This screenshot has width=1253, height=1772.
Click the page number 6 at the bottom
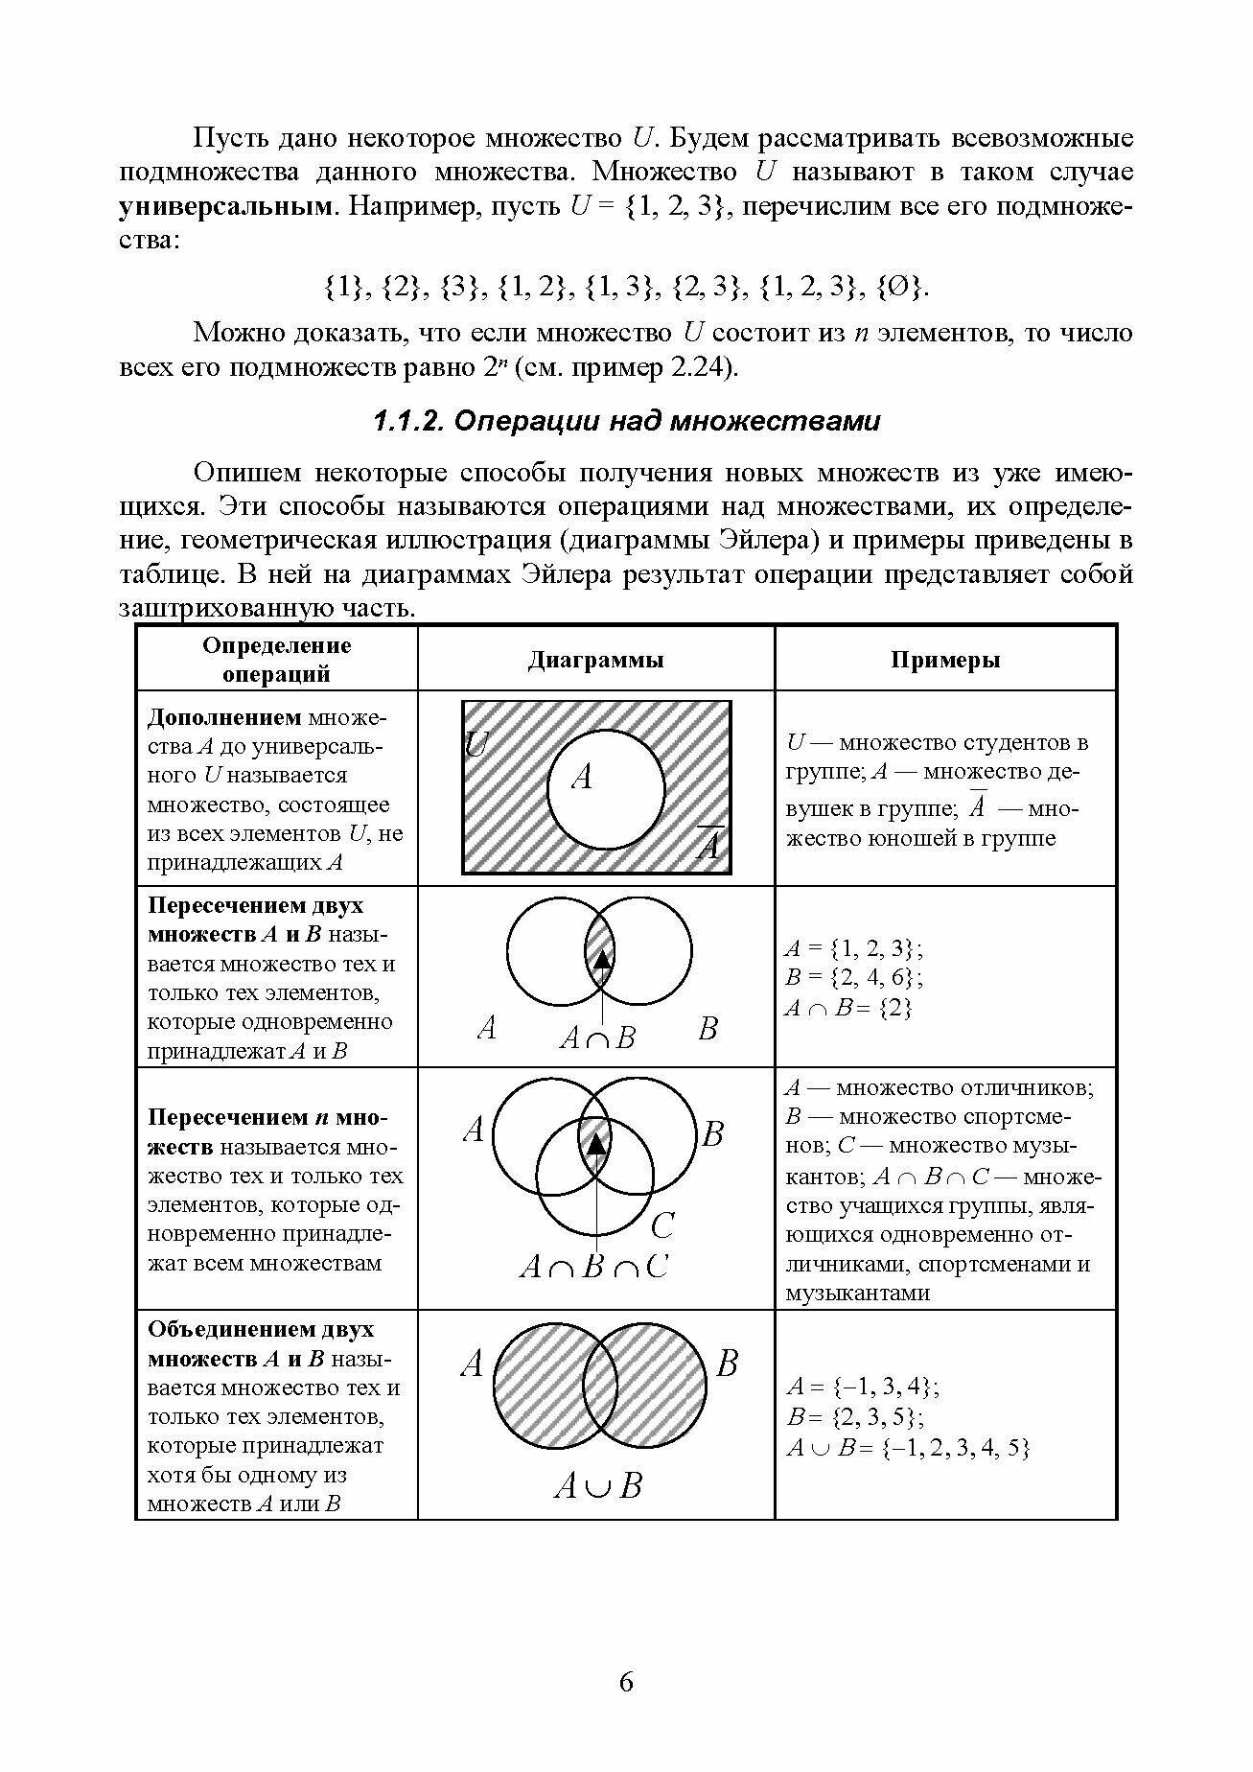[x=626, y=1682]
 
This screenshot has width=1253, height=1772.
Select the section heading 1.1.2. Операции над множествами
[x=625, y=421]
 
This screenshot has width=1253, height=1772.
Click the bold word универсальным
[x=227, y=206]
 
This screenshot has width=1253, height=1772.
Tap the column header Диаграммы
[x=595, y=660]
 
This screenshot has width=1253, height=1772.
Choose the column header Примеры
[x=945, y=660]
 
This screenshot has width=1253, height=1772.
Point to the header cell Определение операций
[x=276, y=659]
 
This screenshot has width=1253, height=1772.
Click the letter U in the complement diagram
[x=476, y=743]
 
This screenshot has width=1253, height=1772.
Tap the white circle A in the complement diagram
[x=606, y=791]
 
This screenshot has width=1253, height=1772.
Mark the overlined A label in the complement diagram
[x=708, y=844]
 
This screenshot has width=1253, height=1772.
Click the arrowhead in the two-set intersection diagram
[x=600, y=958]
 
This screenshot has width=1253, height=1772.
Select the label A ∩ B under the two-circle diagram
[x=597, y=1038]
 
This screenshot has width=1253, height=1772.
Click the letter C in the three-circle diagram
[x=661, y=1225]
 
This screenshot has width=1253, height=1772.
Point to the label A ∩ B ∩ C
[x=593, y=1268]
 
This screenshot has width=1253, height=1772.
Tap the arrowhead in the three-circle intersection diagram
[x=596, y=1143]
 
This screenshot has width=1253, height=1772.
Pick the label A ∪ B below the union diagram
[x=597, y=1486]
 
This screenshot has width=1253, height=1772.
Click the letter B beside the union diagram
[x=727, y=1363]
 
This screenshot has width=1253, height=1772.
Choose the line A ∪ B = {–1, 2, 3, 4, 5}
[x=907, y=1448]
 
